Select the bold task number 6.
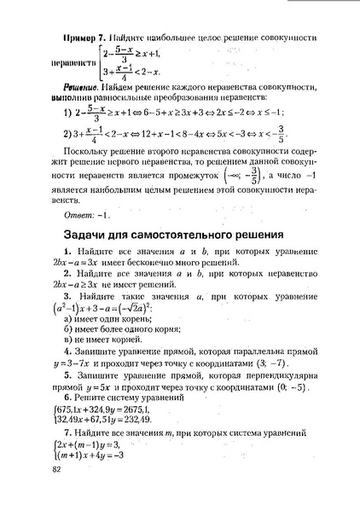(x=67, y=423)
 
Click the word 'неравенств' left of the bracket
(x=75, y=62)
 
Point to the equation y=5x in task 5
(x=100, y=411)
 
